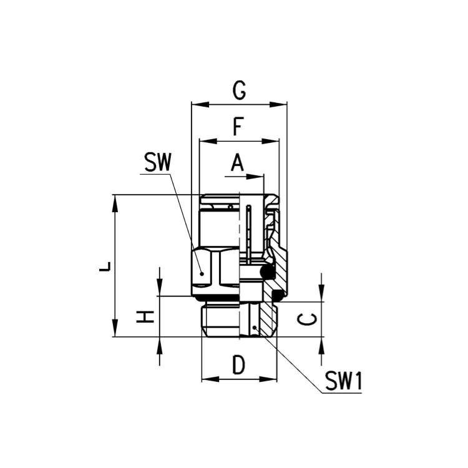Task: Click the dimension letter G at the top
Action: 240,90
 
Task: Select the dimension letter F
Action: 238,127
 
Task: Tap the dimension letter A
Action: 237,163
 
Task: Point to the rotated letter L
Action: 105,266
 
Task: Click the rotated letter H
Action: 145,316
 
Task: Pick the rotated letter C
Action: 307,319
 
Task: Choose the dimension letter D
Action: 239,365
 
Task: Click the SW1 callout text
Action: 343,381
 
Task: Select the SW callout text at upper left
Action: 158,162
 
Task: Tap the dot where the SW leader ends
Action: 202,273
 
